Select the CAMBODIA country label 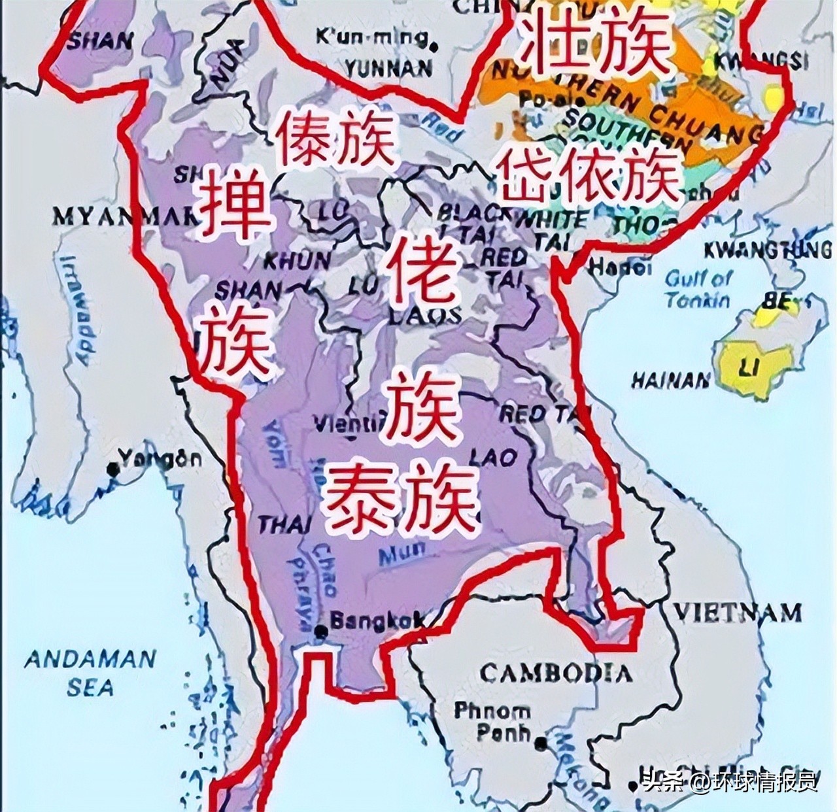[x=556, y=673]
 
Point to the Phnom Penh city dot [x=540, y=743]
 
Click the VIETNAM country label [x=737, y=613]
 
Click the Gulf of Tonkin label [x=698, y=290]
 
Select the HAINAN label [x=671, y=380]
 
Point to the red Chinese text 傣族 [x=336, y=139]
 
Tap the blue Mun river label [x=402, y=554]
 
